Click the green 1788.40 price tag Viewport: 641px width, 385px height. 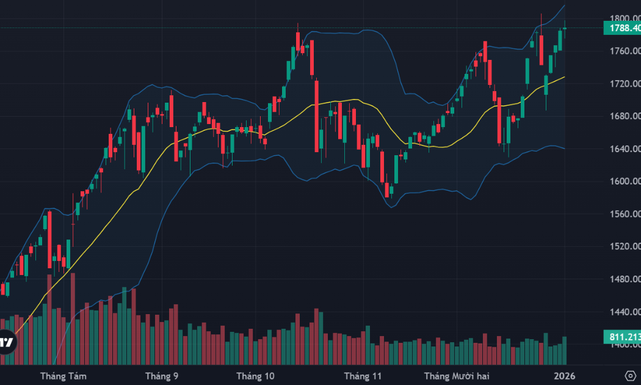[x=621, y=28]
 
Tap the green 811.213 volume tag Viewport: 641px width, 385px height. [x=621, y=337]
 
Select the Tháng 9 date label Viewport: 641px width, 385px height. [x=162, y=375]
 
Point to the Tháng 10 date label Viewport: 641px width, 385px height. [x=256, y=375]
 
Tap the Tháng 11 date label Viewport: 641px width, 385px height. [x=363, y=375]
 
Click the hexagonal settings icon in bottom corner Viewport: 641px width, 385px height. [x=631, y=375]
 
